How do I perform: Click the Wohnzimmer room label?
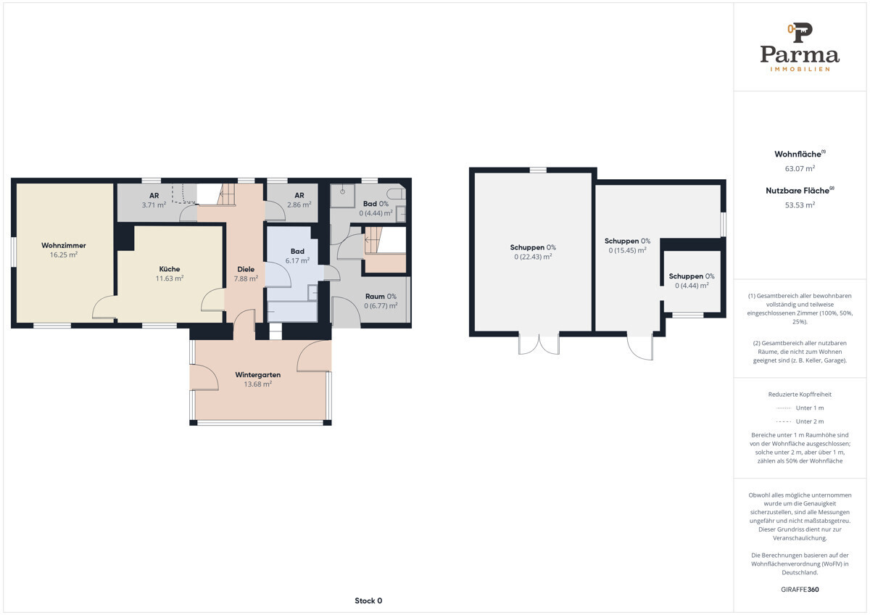64,246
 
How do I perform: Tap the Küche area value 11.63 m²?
170,278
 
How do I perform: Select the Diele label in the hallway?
246,269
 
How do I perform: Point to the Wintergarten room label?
258,375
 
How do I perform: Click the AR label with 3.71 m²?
154,195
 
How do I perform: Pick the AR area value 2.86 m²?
299,205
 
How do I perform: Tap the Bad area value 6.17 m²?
297,260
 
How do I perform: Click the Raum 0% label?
381,297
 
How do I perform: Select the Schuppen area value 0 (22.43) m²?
533,257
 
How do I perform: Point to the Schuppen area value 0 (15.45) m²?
627,251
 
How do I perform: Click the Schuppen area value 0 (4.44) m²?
692,286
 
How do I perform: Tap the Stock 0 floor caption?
368,600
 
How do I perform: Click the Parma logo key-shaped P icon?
800,33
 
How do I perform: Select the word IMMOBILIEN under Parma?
800,69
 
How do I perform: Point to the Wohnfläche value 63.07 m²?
800,168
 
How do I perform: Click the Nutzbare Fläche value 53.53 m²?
800,205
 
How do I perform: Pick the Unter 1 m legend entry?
800,408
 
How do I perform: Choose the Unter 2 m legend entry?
800,421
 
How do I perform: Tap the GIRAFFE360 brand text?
800,590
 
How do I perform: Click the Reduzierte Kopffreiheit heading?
800,395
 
